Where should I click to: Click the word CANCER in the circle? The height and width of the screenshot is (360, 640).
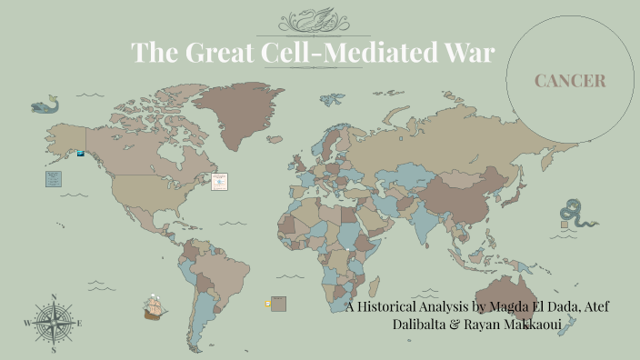(x=570, y=82)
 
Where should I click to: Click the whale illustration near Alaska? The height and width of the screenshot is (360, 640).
(x=43, y=107)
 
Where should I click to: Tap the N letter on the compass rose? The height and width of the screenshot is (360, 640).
(x=54, y=296)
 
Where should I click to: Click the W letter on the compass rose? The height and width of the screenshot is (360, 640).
(x=27, y=324)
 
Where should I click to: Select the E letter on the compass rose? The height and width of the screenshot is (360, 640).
(x=80, y=324)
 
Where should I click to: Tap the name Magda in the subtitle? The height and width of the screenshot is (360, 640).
(x=513, y=306)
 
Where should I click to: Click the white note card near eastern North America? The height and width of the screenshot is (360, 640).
(x=219, y=181)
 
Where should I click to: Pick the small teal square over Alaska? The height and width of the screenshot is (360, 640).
(x=80, y=154)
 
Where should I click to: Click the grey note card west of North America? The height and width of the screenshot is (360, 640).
(x=52, y=178)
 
